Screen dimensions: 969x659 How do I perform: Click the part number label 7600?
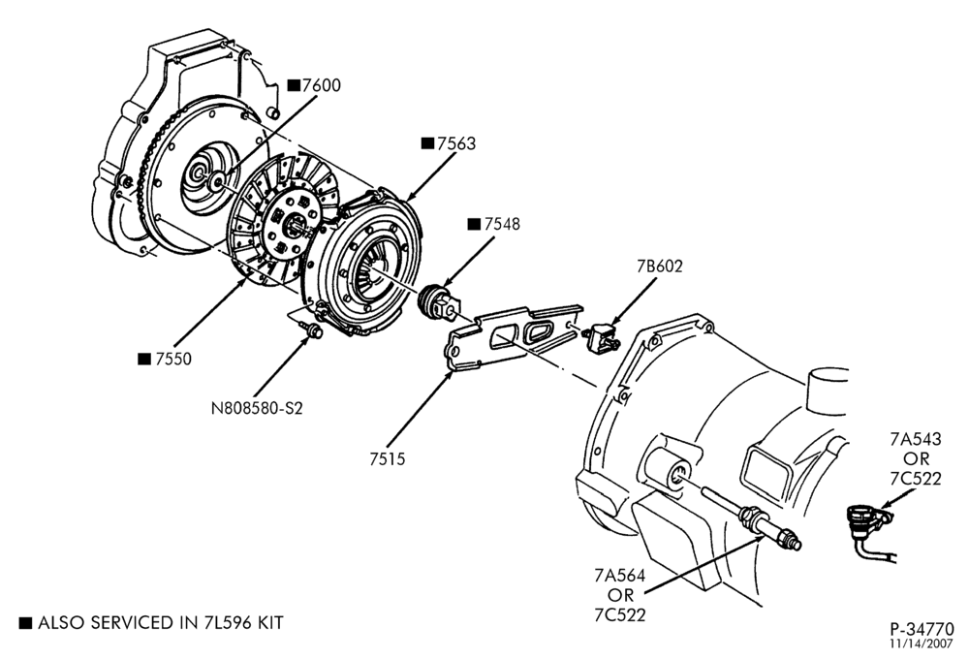tap(322, 85)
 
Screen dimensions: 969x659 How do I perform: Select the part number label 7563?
tap(456, 143)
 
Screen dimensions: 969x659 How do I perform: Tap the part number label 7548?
tap(502, 225)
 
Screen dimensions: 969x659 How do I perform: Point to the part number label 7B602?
tap(660, 267)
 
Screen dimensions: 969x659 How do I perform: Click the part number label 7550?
tap(173, 360)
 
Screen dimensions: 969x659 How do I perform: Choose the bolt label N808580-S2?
tap(257, 409)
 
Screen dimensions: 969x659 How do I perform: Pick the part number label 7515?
tap(388, 459)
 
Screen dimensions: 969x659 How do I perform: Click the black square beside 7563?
tap(427, 143)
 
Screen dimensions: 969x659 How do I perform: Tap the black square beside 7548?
tap(474, 225)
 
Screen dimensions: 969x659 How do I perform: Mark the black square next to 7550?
tap(144, 360)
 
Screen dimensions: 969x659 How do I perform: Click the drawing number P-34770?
tap(922, 629)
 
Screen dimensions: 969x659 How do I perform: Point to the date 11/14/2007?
tap(922, 643)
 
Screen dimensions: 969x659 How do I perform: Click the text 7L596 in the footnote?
tap(226, 623)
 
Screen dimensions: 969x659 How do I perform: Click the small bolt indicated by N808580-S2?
tap(310, 329)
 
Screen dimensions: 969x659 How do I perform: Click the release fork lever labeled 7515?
tap(514, 337)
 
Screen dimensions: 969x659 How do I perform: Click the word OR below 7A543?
tap(916, 458)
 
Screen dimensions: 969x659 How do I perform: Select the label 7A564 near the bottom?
tap(620, 576)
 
